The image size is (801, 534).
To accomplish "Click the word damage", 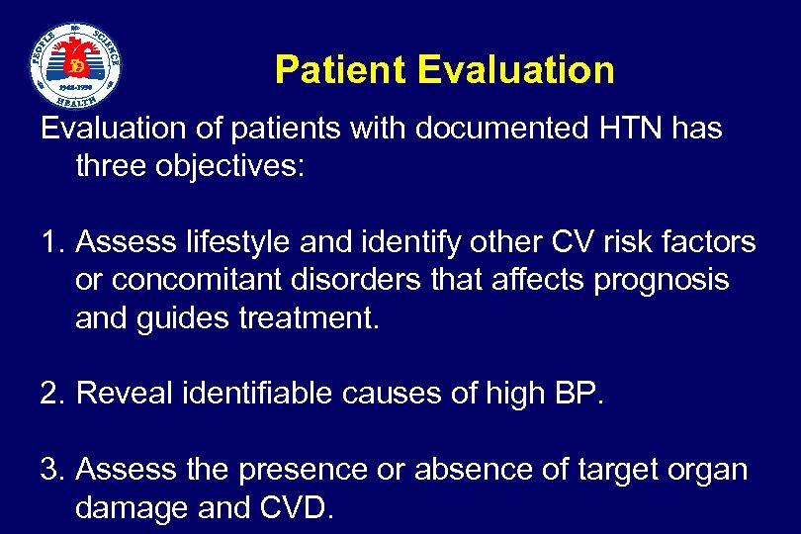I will tap(133, 508).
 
